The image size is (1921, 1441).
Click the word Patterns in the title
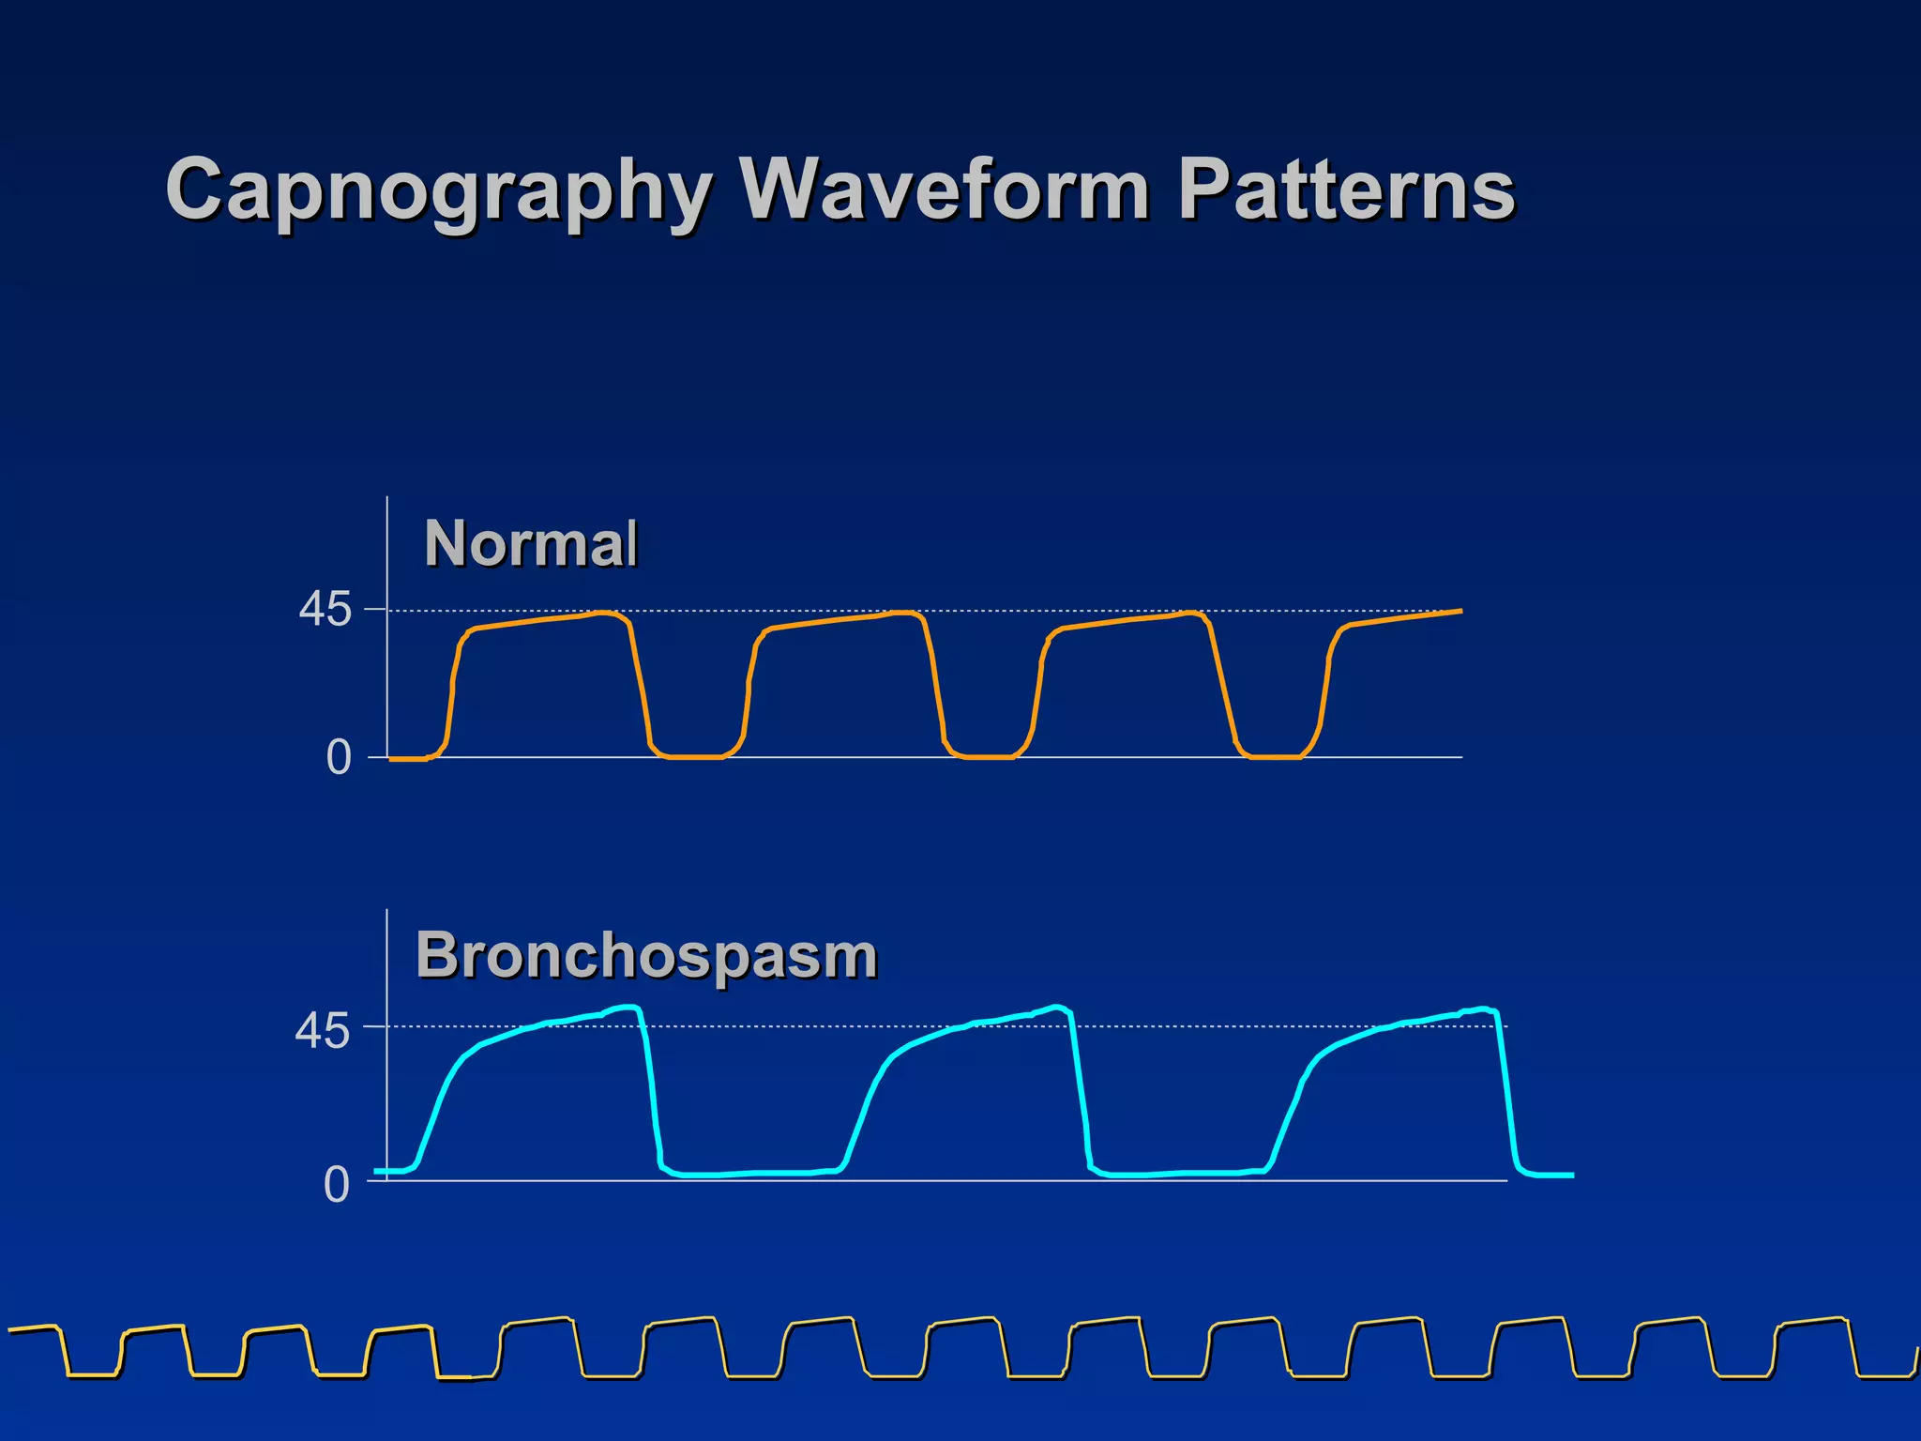[1345, 190]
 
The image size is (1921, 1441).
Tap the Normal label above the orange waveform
[531, 543]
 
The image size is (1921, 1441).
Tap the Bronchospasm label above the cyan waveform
[646, 956]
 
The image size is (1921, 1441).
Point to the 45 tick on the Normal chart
[325, 611]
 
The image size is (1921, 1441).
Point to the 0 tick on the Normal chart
[338, 758]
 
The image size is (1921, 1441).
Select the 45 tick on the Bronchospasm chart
[322, 1032]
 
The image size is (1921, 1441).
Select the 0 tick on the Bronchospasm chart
[336, 1186]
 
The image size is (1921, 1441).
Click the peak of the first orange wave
[606, 614]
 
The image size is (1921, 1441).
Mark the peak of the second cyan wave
[1057, 1008]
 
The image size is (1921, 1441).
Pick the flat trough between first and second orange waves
[694, 756]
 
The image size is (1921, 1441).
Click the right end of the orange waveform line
[1460, 611]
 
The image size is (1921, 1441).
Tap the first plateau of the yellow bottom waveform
[33, 1328]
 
